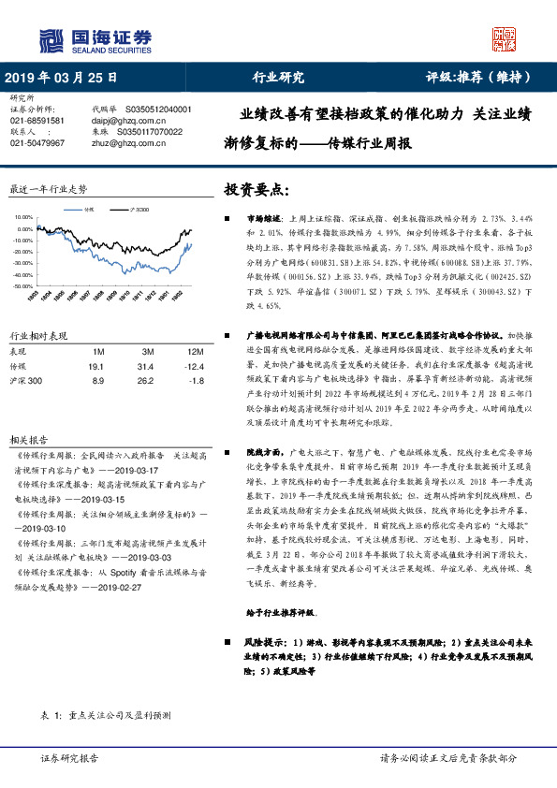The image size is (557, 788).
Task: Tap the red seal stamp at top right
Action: click(506, 38)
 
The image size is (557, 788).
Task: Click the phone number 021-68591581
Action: click(37, 121)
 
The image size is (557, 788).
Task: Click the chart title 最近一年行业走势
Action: click(47, 188)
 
